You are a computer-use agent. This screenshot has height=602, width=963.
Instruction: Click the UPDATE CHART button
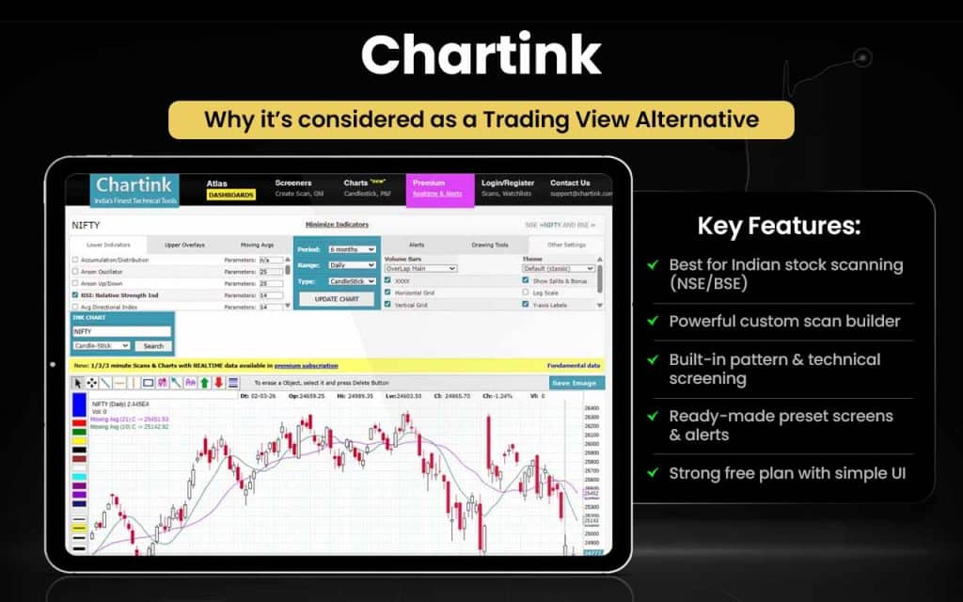336,299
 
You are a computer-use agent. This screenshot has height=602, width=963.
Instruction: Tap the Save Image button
576,383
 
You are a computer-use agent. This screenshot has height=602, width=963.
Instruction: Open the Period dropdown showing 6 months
351,249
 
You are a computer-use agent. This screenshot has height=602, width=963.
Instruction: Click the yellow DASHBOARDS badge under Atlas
230,195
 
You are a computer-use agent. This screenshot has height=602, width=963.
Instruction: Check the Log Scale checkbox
525,293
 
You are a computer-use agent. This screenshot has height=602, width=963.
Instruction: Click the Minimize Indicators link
337,225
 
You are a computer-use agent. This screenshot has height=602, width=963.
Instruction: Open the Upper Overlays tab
184,245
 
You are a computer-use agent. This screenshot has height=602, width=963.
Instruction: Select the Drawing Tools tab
489,245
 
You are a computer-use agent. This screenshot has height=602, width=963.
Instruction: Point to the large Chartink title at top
481,56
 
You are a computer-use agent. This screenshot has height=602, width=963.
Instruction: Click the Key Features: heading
778,226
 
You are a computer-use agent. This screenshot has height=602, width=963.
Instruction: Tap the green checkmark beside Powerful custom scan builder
652,322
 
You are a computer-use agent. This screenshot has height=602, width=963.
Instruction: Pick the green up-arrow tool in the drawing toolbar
204,383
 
